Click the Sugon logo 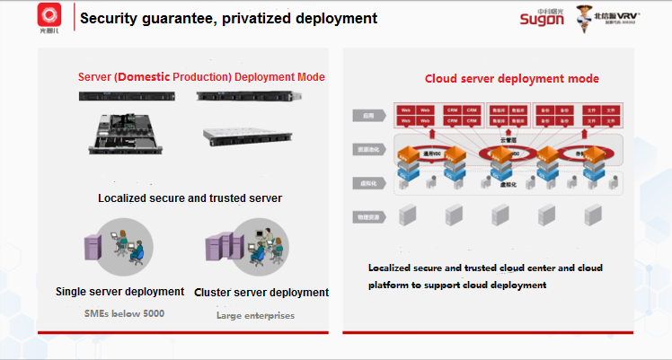(x=544, y=19)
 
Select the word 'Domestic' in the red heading (x=154, y=77)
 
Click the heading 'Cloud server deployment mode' (x=511, y=79)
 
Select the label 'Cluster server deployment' (x=261, y=293)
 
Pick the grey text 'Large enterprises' (x=255, y=315)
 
